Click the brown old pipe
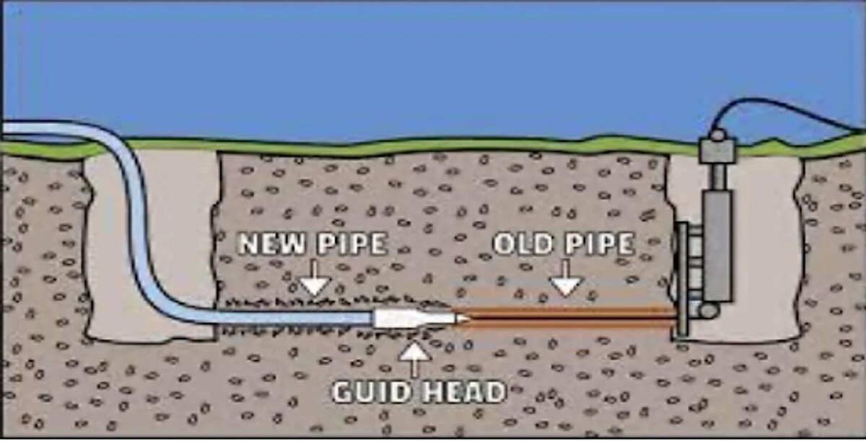click(x=570, y=318)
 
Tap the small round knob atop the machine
click(x=717, y=134)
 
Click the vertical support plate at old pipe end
click(x=681, y=281)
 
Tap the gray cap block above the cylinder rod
click(x=717, y=151)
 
